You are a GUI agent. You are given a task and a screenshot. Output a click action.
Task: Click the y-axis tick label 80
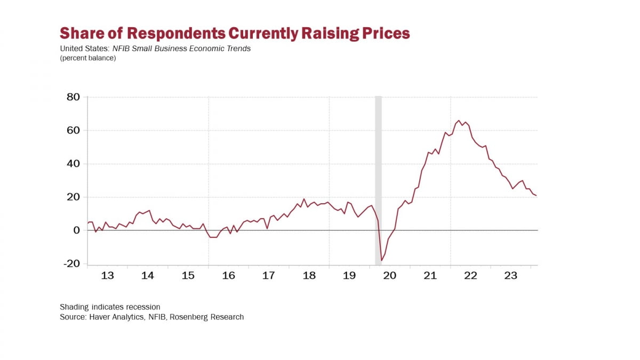coord(73,97)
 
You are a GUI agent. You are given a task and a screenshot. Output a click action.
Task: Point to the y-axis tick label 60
coord(73,131)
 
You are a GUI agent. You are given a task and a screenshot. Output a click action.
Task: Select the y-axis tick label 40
coord(73,164)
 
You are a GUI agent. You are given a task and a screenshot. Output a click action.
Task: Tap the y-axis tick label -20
coord(71,264)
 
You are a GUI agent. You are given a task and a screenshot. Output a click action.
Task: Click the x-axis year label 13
coord(107,276)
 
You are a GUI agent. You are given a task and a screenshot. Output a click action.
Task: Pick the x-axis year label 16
coord(228,276)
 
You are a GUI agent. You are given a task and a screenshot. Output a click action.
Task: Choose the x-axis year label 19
coord(349,276)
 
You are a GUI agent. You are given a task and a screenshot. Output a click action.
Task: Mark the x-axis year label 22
coord(470,276)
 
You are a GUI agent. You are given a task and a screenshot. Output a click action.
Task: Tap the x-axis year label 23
coord(511,276)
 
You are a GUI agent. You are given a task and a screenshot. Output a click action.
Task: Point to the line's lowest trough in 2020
coord(381,261)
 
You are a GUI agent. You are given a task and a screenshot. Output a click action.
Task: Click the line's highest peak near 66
coord(458,121)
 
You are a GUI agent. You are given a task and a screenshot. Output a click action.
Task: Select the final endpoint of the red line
coord(536,196)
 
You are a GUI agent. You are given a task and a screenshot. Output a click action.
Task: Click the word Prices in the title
coord(384,33)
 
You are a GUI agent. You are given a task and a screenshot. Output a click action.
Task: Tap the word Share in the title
coord(81,33)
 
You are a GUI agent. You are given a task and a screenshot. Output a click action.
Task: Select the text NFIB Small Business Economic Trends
coord(181,49)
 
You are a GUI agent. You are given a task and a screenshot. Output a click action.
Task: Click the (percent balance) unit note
coord(88,58)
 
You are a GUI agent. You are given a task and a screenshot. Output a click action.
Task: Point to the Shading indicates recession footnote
coord(110,307)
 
